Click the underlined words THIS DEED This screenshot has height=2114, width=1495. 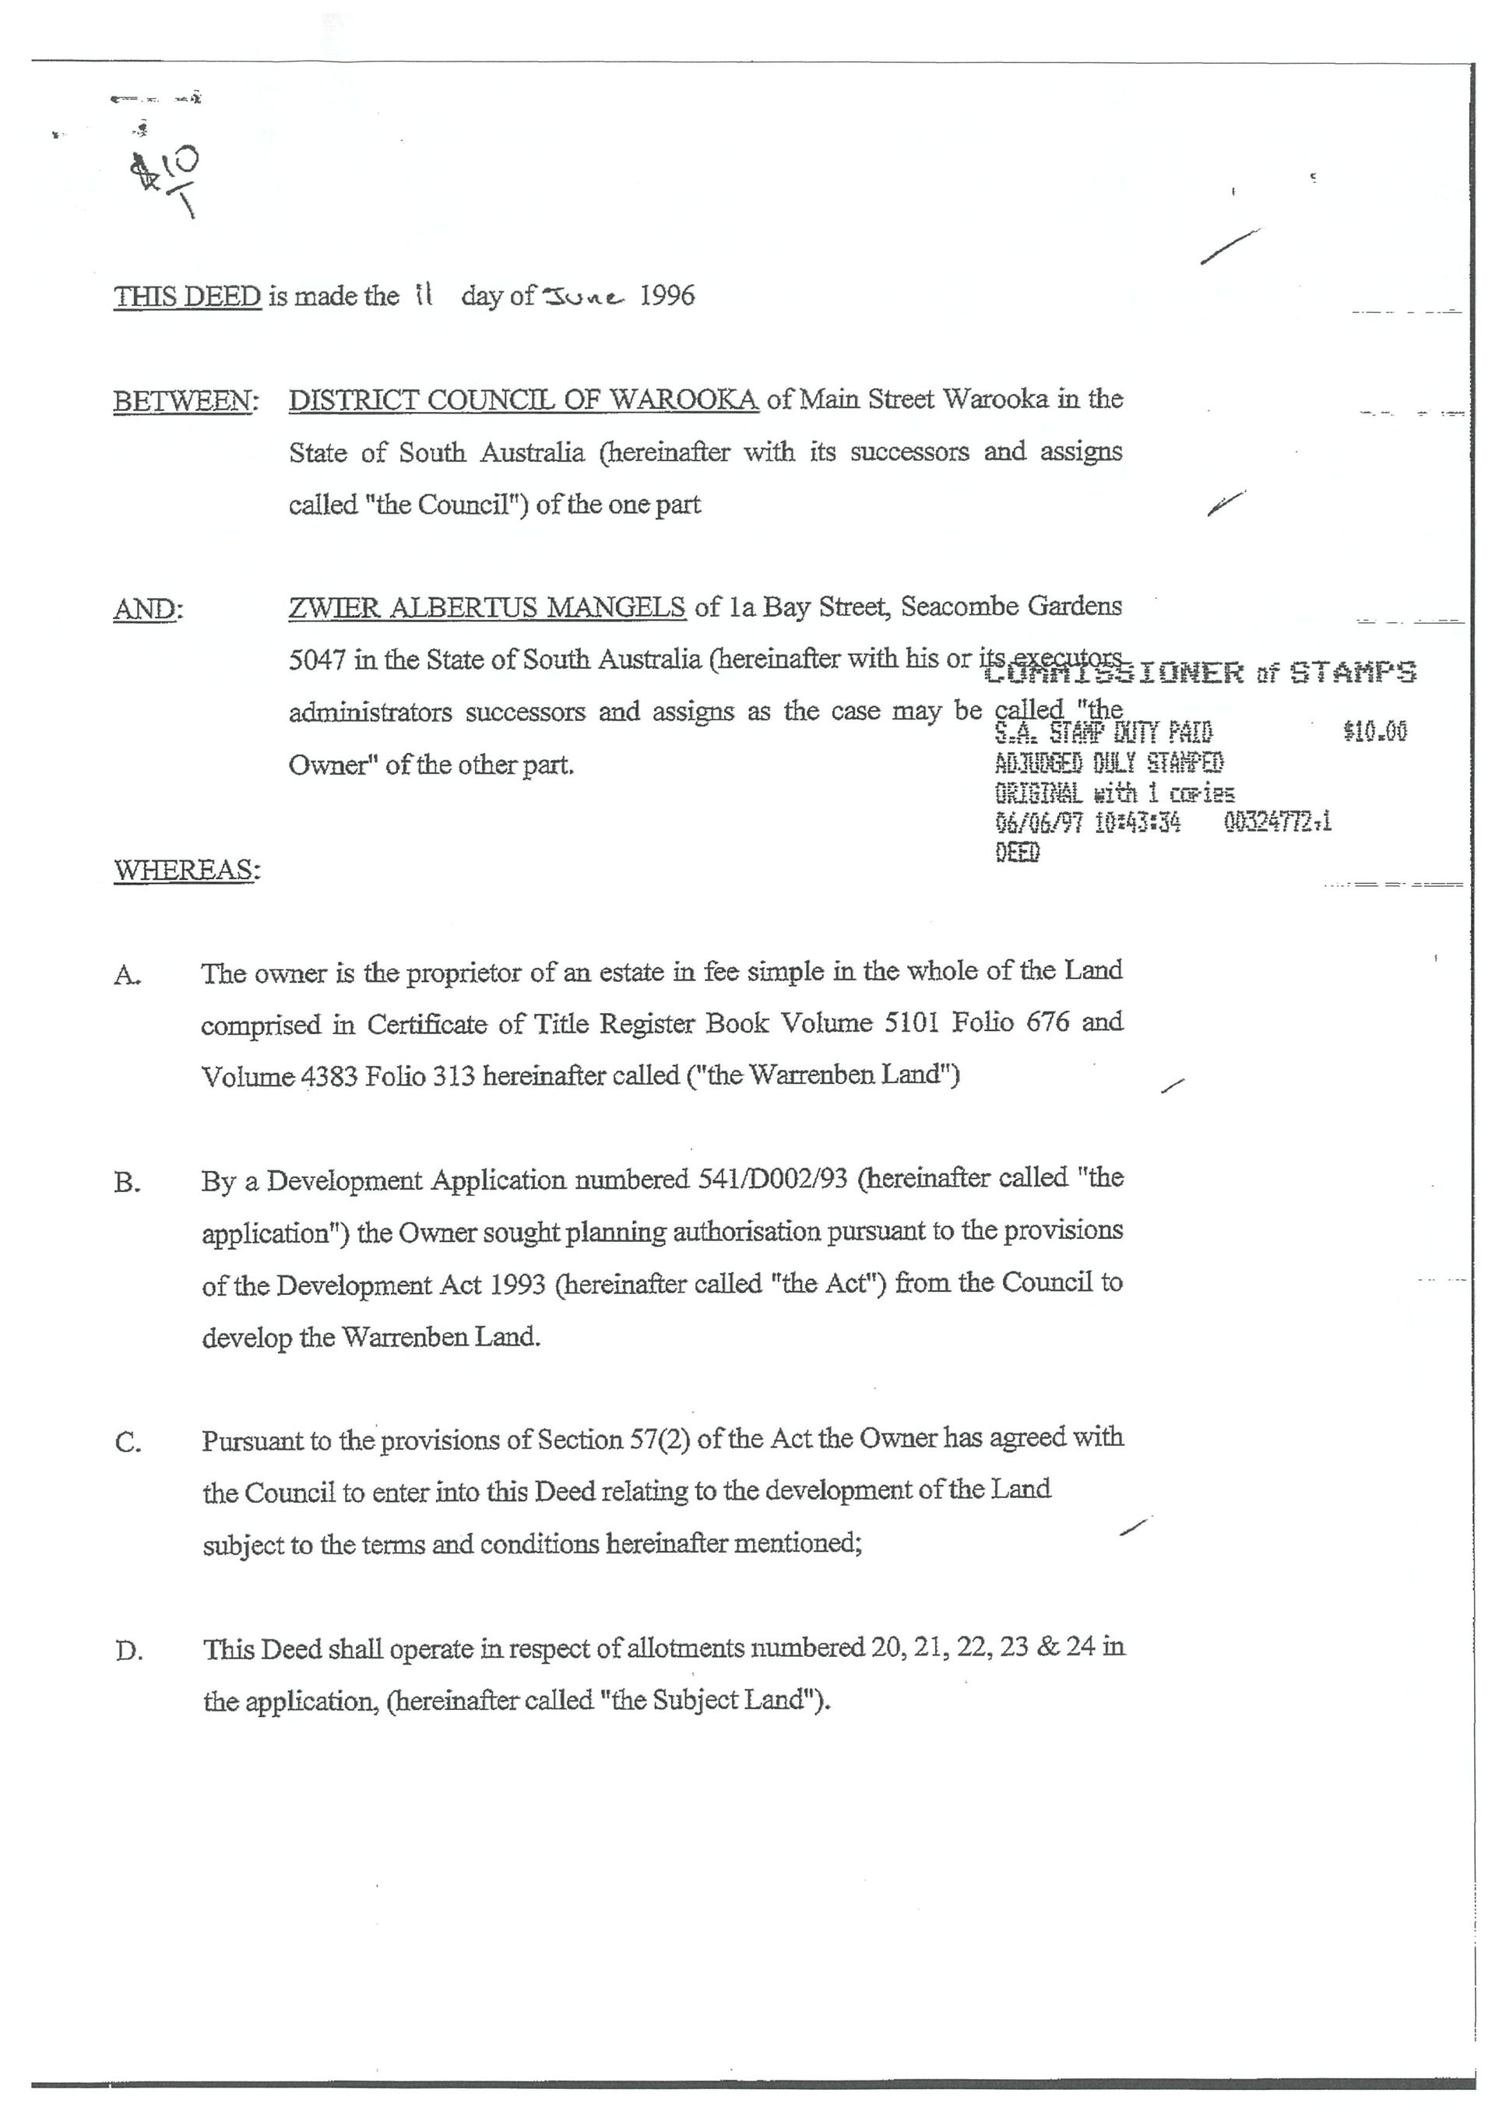tap(187, 297)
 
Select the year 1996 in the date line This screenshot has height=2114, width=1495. tap(667, 296)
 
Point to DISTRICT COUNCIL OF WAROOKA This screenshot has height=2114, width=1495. tap(523, 399)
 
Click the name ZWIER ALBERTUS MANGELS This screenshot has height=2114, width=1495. tap(486, 607)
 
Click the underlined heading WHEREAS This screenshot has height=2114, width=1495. tap(186, 870)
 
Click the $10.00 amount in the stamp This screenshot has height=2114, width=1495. tap(1374, 732)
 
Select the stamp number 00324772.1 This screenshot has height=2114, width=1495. tap(1278, 821)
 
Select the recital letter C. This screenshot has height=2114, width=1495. tap(128, 1443)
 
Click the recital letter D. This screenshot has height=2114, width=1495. tap(129, 1651)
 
